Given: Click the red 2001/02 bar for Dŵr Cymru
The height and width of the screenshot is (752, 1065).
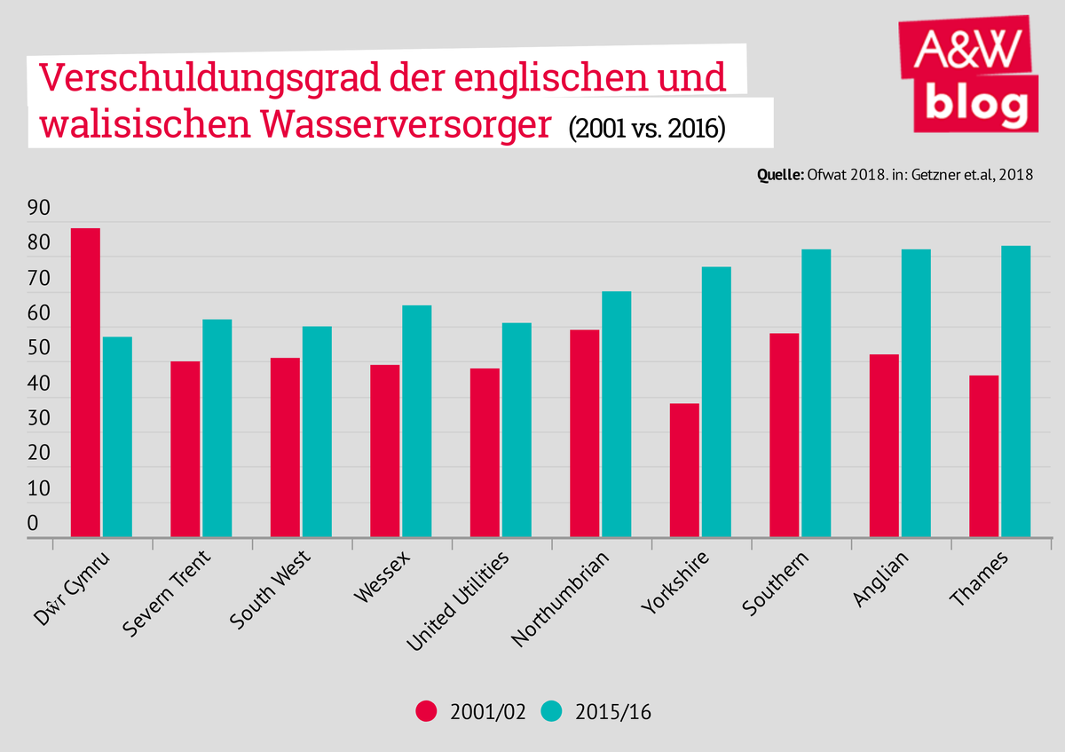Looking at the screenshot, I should coord(85,383).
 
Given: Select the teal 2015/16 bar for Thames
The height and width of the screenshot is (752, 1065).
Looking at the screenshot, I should coord(1015,392).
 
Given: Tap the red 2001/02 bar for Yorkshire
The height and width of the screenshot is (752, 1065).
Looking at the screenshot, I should coord(684,471).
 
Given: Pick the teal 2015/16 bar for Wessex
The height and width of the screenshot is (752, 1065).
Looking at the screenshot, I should coord(416,422).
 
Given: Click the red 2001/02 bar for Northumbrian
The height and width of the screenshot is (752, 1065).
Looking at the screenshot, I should coord(585,433).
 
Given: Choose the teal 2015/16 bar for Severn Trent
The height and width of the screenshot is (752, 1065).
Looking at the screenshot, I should coord(217,429).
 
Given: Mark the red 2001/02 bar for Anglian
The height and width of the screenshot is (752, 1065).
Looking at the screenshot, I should coord(884,446).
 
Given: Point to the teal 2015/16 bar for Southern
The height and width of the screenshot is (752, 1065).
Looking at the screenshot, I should coord(816,393).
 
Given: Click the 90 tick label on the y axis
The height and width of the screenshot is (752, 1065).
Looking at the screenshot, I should coord(39,209).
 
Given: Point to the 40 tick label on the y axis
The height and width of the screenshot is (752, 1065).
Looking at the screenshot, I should coord(39,384).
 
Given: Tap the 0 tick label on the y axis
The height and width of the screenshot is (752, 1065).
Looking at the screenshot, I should coord(34,524).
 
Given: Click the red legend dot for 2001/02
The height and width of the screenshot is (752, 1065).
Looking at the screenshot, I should coord(428,711).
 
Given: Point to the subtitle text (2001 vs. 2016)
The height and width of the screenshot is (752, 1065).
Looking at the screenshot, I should coord(647,128).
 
